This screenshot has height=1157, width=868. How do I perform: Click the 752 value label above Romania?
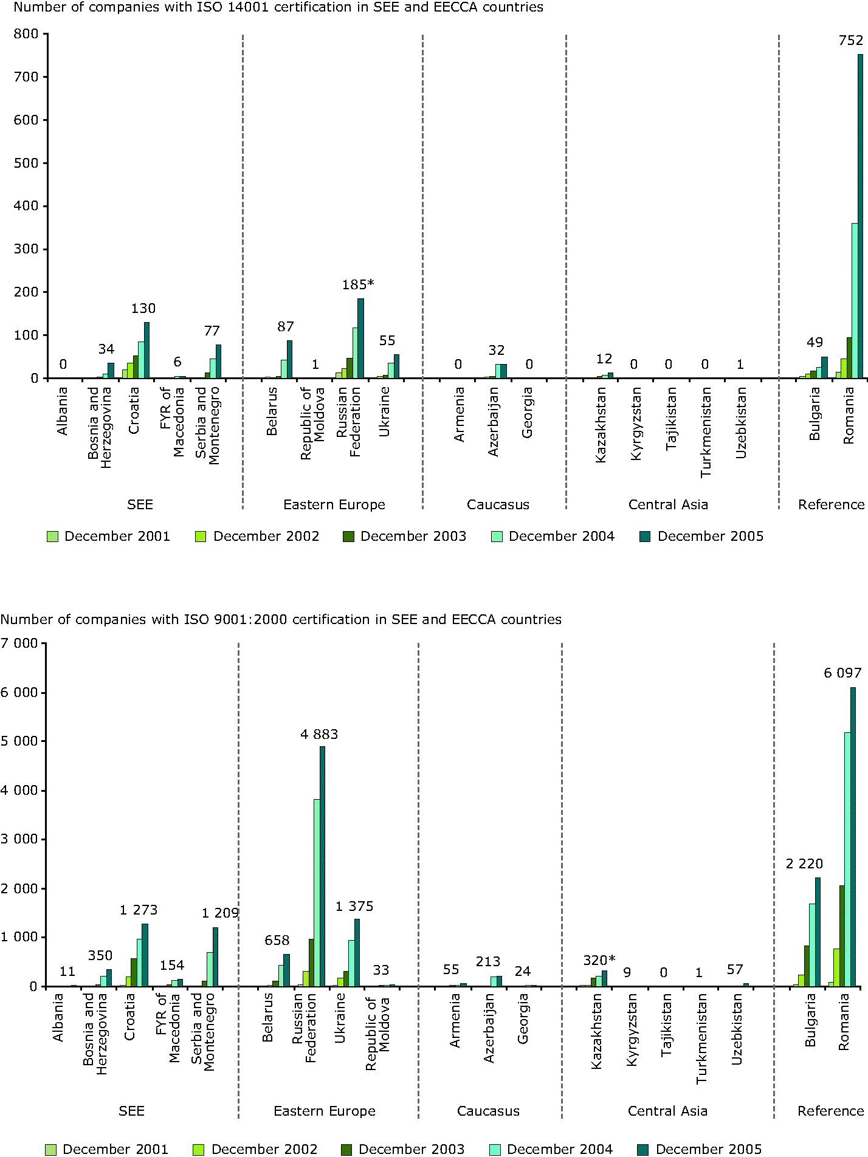pos(851,41)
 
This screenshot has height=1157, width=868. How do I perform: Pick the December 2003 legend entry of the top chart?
pos(405,537)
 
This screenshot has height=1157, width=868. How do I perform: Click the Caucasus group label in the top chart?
pos(498,505)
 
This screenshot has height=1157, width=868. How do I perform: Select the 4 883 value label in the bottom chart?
pos(319,734)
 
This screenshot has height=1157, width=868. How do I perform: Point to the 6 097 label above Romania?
pos(842,673)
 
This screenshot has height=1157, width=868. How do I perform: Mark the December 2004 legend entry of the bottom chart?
pos(552,1149)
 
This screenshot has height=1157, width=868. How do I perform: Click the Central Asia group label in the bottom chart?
pos(667,1111)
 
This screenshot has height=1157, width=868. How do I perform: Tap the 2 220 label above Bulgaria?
pos(804,863)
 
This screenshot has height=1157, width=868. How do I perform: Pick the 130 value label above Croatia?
pos(143,309)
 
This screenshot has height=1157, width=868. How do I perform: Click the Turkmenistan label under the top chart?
pos(705,432)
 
